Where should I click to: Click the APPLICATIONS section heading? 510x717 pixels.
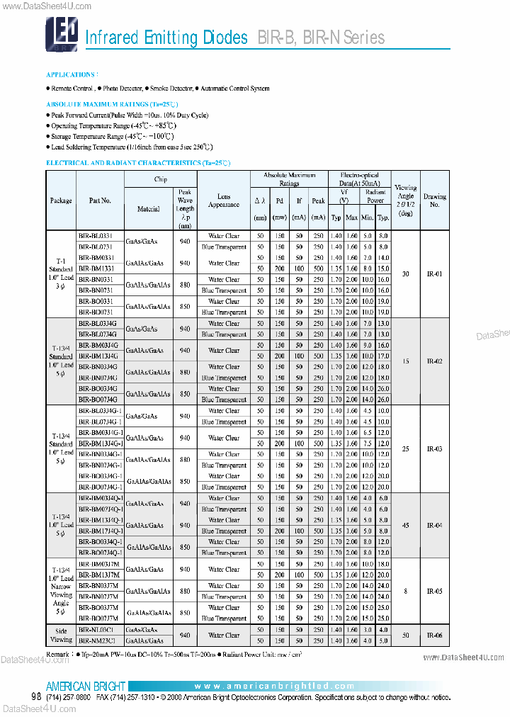tap(72, 74)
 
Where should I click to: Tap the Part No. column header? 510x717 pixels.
tap(100, 201)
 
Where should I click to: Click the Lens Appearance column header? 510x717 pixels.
tap(224, 201)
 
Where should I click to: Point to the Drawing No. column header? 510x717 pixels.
tap(434, 201)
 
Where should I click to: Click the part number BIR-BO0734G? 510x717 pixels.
tap(98, 400)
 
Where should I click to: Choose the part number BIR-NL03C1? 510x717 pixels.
tap(97, 629)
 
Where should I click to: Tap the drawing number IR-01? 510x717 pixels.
tap(434, 273)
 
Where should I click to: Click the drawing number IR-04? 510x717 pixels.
tap(434, 526)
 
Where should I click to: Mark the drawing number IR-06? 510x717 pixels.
tap(434, 635)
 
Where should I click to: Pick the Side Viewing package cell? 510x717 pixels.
tap(61, 635)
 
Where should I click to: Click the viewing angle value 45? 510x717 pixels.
tap(405, 526)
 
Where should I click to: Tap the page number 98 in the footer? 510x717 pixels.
tap(36, 697)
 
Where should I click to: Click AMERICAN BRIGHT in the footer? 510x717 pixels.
tap(86, 686)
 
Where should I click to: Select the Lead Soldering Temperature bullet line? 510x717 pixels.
tap(130, 147)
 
